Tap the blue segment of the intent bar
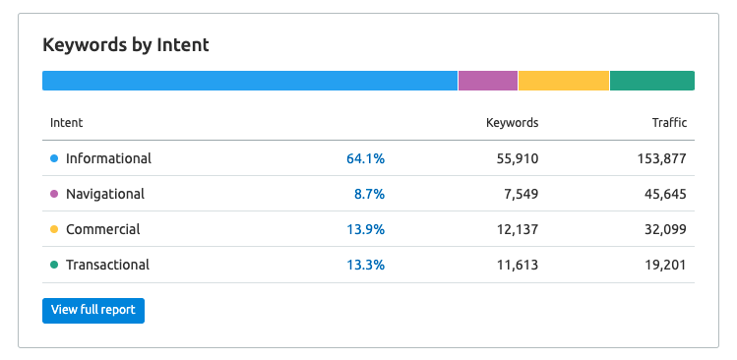click(250, 81)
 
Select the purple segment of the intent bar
click(488, 81)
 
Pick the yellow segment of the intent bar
click(564, 81)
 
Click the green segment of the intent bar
click(652, 81)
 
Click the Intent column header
click(66, 123)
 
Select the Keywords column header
click(512, 123)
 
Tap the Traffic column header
click(669, 123)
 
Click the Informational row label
click(108, 158)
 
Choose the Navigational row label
click(105, 194)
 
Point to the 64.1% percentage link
click(365, 158)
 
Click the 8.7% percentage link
click(369, 194)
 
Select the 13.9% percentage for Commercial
click(365, 229)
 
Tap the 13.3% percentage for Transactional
click(365, 265)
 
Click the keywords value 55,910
click(513, 158)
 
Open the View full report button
click(93, 310)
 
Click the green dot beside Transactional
click(54, 265)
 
